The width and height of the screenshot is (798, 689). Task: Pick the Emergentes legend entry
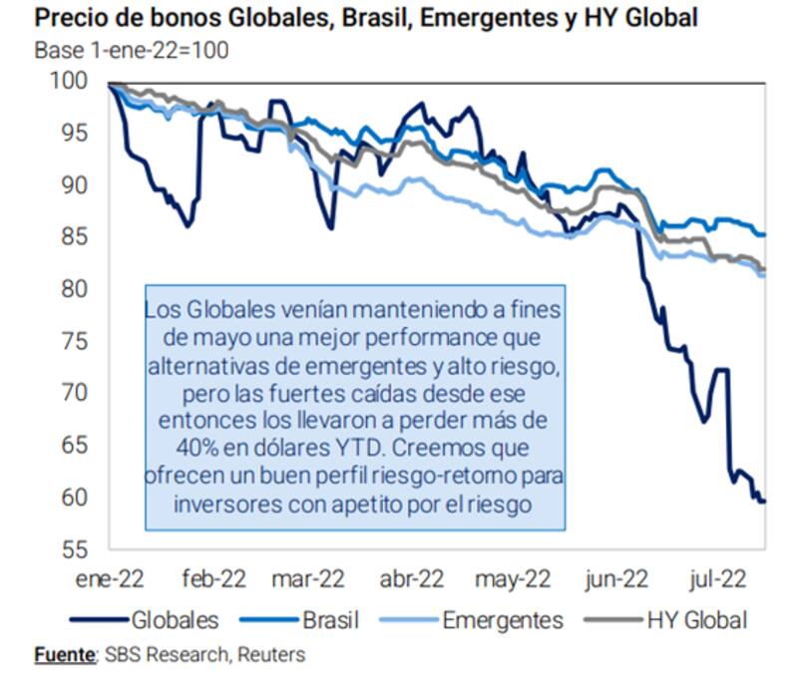(x=502, y=619)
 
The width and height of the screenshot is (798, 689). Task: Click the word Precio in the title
(x=69, y=18)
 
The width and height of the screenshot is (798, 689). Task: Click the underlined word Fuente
(x=64, y=655)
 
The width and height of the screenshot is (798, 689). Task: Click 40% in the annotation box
(x=172, y=440)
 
